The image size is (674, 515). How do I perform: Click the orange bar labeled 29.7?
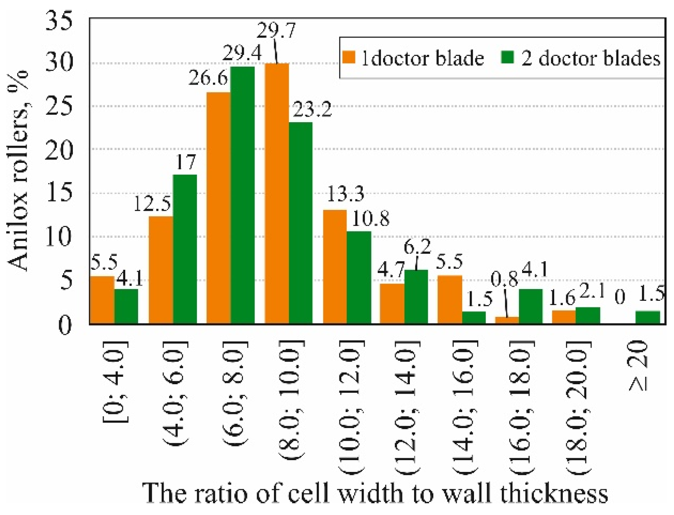pyautogui.click(x=277, y=194)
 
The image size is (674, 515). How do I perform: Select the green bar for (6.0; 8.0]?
pyautogui.click(x=243, y=196)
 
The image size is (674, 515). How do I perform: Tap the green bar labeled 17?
pyautogui.click(x=185, y=249)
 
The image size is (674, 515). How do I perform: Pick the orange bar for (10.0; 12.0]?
pyautogui.click(x=335, y=267)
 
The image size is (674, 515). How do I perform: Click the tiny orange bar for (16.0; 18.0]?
pyautogui.click(x=507, y=321)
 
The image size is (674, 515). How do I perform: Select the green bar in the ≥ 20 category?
pyautogui.click(x=647, y=318)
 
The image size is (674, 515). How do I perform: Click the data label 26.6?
pyautogui.click(x=208, y=78)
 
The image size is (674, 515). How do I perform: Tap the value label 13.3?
pyautogui.click(x=345, y=194)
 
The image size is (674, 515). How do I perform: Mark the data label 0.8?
pyautogui.click(x=505, y=280)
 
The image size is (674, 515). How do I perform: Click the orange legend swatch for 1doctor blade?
pyautogui.click(x=349, y=58)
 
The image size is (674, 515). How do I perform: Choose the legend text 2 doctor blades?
pyautogui.click(x=591, y=59)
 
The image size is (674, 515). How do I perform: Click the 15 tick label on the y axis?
pyautogui.click(x=59, y=193)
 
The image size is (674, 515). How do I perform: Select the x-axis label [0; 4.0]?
pyautogui.click(x=116, y=382)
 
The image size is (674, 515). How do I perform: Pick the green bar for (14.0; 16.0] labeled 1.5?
pyautogui.click(x=474, y=318)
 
